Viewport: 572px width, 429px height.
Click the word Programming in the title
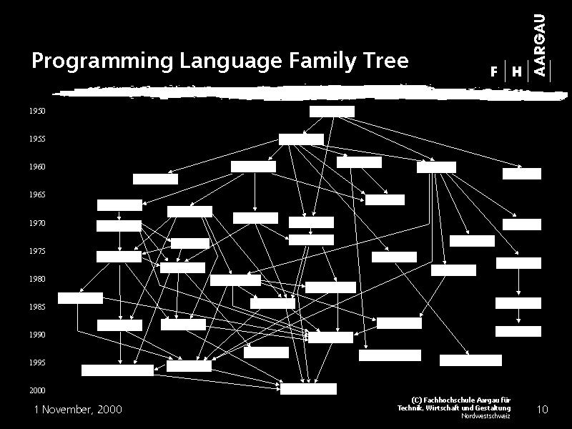[x=102, y=61]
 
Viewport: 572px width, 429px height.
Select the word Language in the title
[x=230, y=61]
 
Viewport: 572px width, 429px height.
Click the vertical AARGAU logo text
[x=540, y=45]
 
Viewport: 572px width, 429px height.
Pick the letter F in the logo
[x=494, y=71]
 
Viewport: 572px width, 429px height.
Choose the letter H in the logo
[x=517, y=71]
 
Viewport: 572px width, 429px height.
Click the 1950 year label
[x=38, y=111]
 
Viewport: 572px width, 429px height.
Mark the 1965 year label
[x=38, y=194]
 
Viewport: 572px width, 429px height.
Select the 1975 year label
[x=38, y=251]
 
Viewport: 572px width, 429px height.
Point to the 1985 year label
[x=38, y=307]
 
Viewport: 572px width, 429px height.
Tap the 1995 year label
[x=38, y=363]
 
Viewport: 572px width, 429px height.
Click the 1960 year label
[x=38, y=167]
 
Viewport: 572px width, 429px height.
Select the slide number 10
[x=543, y=409]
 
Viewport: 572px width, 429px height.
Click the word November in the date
[x=67, y=409]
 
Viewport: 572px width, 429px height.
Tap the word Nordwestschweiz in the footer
[x=486, y=416]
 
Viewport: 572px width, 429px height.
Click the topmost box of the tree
[x=332, y=112]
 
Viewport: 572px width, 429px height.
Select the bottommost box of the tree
[x=308, y=389]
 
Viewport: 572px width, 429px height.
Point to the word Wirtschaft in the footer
[x=444, y=408]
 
